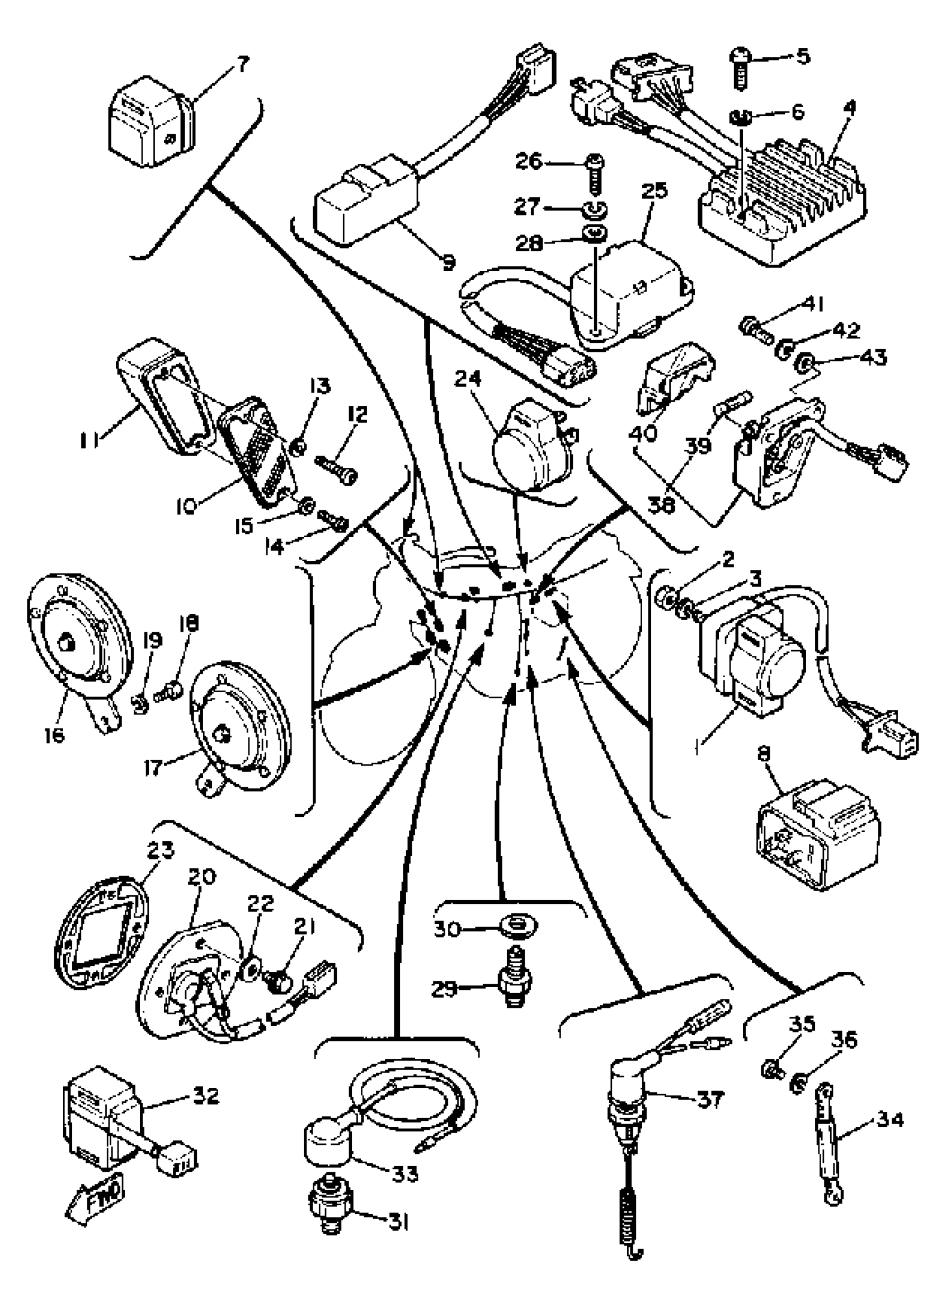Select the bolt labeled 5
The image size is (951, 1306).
click(x=740, y=68)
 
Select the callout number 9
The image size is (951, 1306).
click(x=449, y=262)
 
